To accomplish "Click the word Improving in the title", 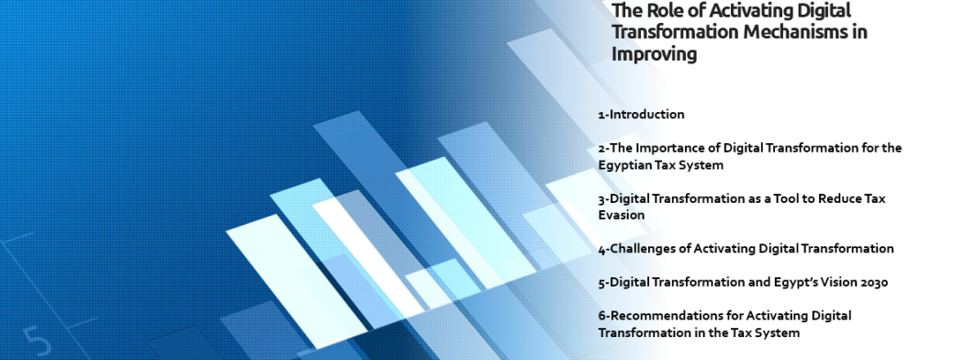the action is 654,54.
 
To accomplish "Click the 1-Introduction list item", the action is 641,114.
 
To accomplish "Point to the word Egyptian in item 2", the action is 623,165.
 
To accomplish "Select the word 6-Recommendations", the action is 661,316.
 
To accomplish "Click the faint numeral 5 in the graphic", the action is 38,341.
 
